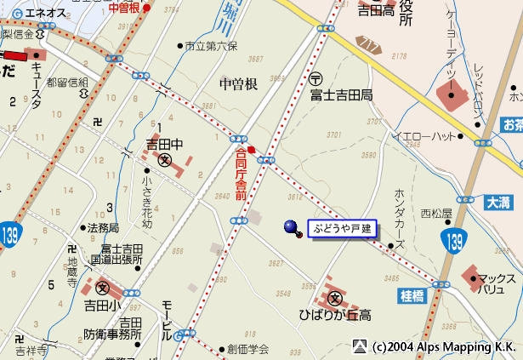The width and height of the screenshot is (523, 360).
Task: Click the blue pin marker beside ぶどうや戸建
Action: (x=292, y=227)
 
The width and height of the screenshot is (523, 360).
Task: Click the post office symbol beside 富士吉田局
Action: (x=315, y=77)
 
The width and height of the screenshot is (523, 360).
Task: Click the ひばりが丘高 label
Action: (x=335, y=316)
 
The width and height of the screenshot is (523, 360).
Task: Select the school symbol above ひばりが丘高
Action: (x=335, y=299)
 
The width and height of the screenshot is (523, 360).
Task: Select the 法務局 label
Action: (x=103, y=228)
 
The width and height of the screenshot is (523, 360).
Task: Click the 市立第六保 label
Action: (x=208, y=46)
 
